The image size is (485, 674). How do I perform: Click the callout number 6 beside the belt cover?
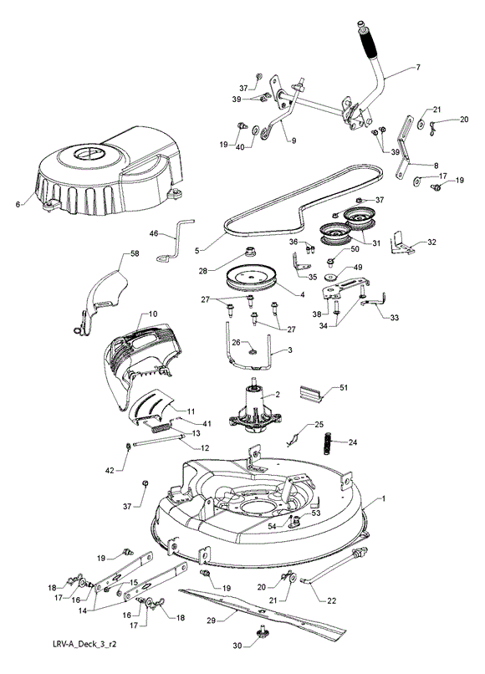(x=18, y=204)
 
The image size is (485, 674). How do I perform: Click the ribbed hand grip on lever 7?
(x=368, y=42)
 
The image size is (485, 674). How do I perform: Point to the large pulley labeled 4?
(x=250, y=279)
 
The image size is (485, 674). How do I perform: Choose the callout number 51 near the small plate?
(x=343, y=388)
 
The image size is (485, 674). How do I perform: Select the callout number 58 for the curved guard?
(x=135, y=254)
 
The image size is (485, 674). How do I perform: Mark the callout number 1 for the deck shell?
(x=384, y=498)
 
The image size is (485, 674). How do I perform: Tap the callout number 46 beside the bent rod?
(x=154, y=234)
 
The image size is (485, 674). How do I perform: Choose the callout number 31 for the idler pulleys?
(x=375, y=243)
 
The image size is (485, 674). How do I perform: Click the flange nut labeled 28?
(x=249, y=250)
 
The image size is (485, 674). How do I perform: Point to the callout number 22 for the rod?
(x=331, y=600)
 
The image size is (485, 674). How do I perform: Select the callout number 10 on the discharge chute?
(x=154, y=314)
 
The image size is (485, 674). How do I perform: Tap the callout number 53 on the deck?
(x=315, y=513)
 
